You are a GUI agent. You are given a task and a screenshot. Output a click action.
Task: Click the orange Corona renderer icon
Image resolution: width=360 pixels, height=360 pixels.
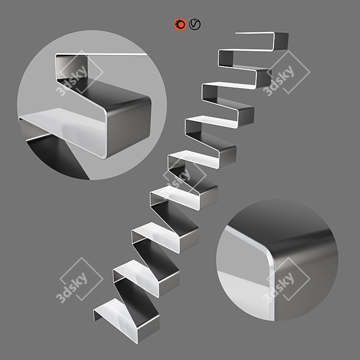coord(180,24)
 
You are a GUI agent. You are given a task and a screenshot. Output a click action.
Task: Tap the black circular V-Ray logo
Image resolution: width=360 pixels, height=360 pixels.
coord(195,24)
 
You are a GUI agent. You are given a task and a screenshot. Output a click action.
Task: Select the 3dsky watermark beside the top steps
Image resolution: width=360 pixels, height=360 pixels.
coord(286,73)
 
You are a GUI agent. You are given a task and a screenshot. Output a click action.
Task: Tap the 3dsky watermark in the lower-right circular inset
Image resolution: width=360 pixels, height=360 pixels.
coord(286,280)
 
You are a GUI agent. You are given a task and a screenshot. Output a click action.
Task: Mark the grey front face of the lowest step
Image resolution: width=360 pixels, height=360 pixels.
coord(149,329)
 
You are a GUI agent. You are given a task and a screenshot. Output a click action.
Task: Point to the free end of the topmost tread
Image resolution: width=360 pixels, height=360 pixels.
coord(236,33)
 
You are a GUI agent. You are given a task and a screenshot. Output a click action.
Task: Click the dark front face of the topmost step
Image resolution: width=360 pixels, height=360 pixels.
coord(280,41)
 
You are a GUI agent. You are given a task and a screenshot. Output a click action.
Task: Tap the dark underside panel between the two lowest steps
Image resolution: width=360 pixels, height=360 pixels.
coord(137,298)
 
